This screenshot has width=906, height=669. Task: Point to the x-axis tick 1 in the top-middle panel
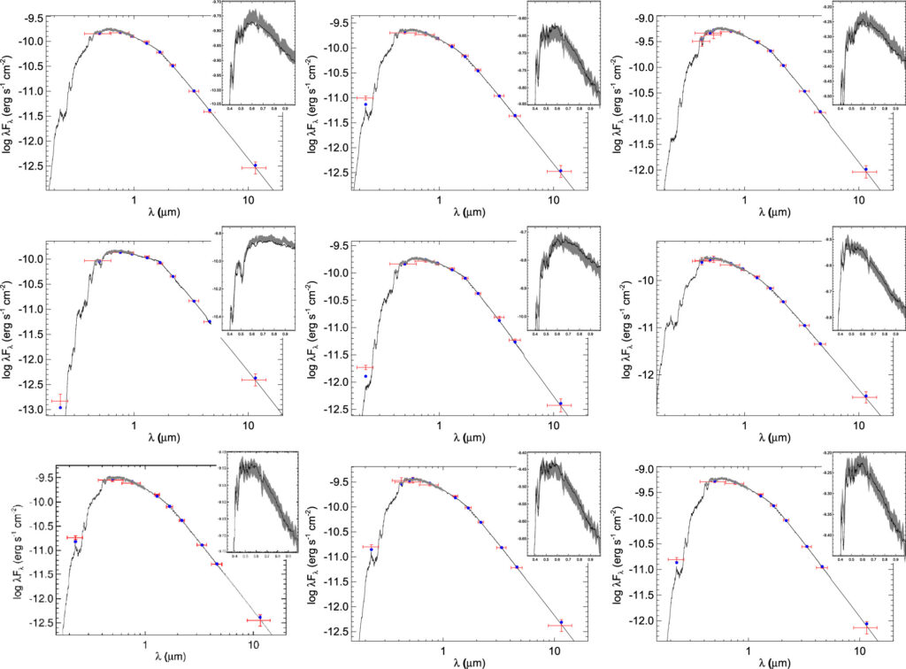441,199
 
